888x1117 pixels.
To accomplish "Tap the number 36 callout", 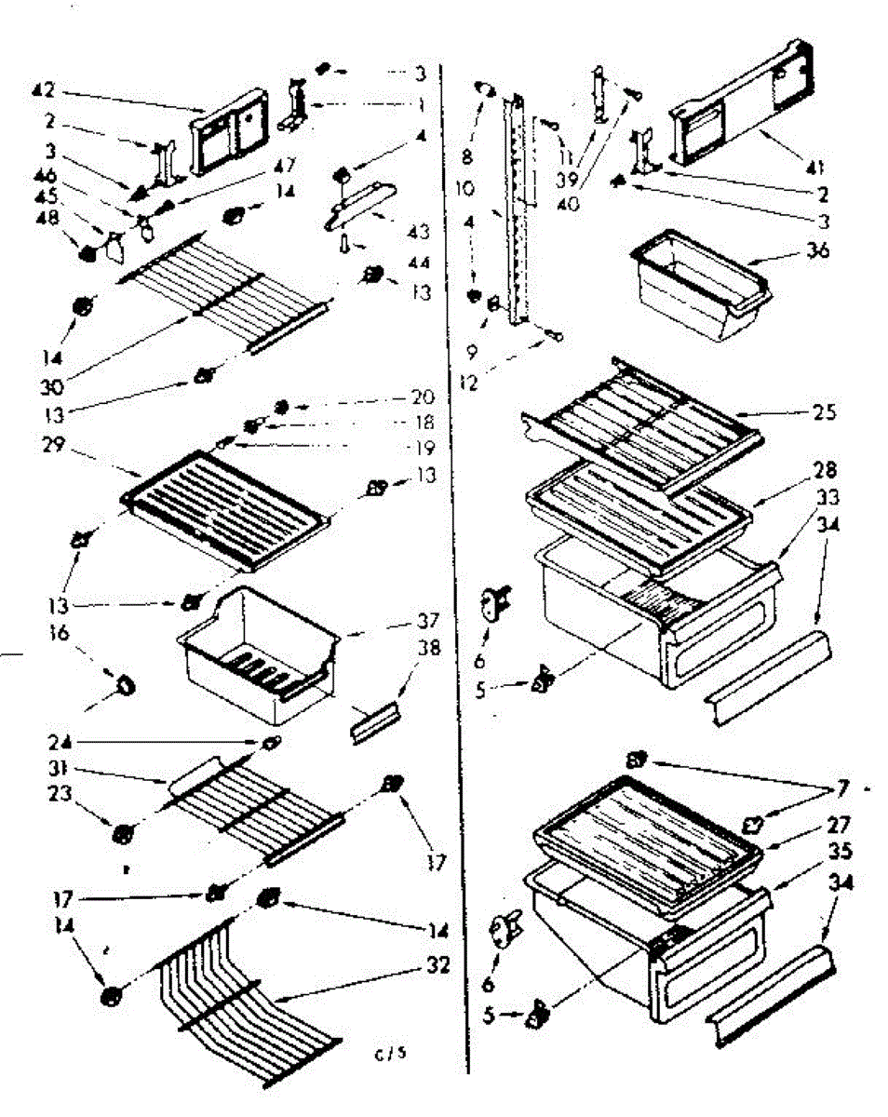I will [x=820, y=251].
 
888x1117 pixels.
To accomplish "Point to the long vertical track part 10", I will [x=517, y=214].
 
